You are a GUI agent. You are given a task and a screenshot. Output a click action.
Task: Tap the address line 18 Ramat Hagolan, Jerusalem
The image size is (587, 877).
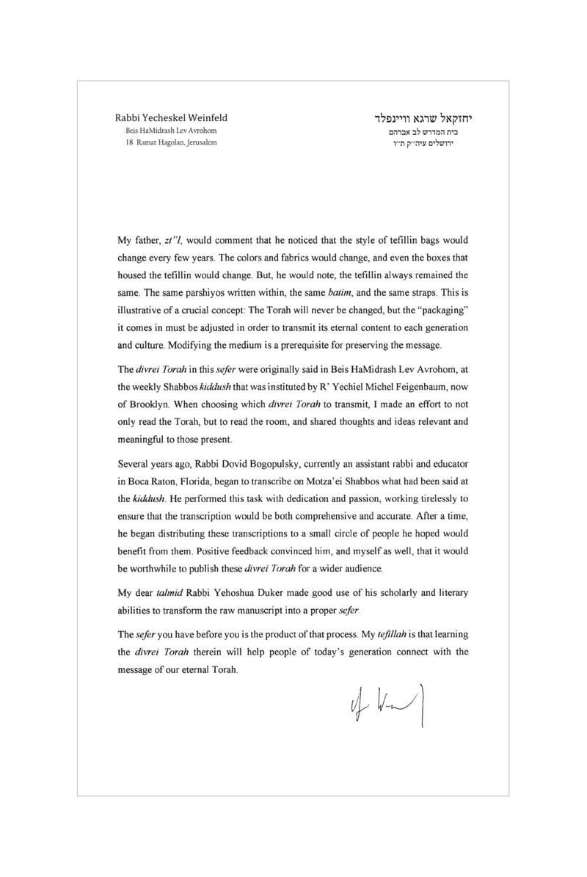pos(172,142)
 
